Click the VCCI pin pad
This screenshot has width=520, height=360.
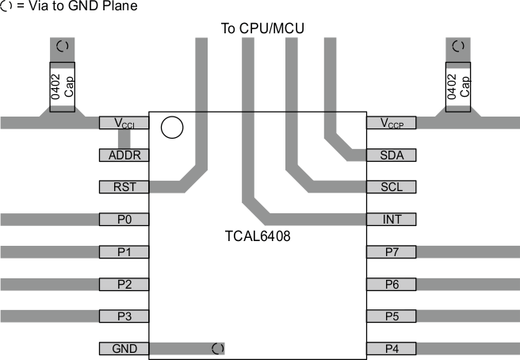pos(124,123)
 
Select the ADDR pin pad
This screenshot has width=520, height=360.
pos(124,155)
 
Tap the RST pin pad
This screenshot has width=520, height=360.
pos(124,187)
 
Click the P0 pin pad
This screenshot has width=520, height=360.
pos(124,220)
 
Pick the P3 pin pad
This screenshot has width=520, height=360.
pos(124,316)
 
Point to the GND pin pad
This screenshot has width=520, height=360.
pos(124,348)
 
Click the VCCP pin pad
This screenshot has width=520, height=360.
pos(392,123)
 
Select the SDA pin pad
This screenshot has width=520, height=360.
pos(392,155)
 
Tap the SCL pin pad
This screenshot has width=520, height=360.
pos(392,187)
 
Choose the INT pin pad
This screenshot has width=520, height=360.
pos(392,220)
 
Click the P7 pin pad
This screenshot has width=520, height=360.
pos(392,252)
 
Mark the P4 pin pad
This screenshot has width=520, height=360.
pos(392,348)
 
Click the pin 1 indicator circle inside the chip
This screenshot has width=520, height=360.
pos(170,127)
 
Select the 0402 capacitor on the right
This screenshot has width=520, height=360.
pos(457,86)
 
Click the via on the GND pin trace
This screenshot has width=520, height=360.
pos(218,348)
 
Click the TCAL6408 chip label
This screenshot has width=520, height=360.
pos(258,236)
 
